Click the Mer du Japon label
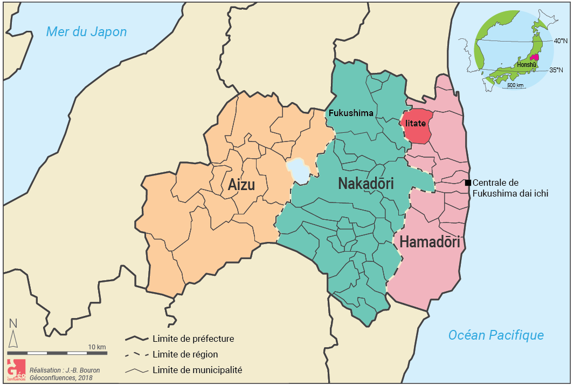[x=86, y=32]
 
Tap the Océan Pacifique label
[x=496, y=335]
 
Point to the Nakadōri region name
[x=365, y=184]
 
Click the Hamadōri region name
[x=429, y=242]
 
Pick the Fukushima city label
[x=351, y=113]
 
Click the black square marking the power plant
[x=468, y=183]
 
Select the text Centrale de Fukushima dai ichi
[x=510, y=188]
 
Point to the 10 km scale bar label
[x=97, y=346]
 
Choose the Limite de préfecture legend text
[x=193, y=339]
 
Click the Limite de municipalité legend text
[x=197, y=370]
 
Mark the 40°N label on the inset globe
[x=561, y=41]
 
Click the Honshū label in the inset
[x=527, y=65]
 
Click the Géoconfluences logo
[x=15, y=368]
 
